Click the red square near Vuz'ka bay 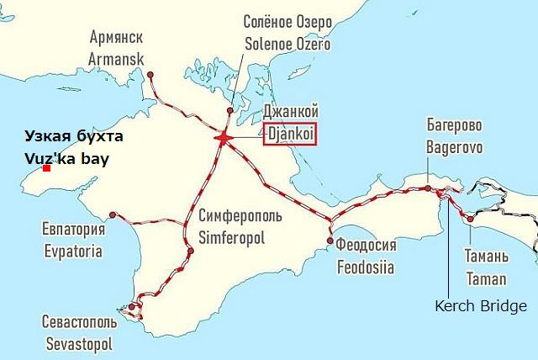[47, 169]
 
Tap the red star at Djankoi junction [224, 137]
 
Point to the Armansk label [116, 59]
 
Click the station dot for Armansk [150, 75]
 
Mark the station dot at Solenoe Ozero [229, 110]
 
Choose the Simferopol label [231, 237]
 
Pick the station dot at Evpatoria [113, 215]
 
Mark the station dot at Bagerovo [428, 188]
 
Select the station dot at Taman [470, 218]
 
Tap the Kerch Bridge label [480, 306]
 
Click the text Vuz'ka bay [73, 157]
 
